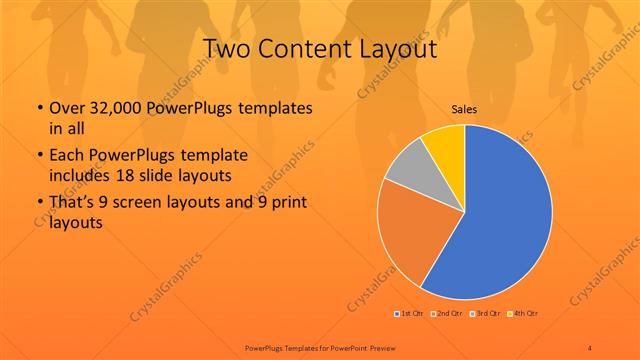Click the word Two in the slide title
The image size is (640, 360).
[x=225, y=49]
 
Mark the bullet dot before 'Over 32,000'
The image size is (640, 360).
[x=38, y=109]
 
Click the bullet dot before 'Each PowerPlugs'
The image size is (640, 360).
[x=38, y=157]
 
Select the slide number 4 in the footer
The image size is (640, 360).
[x=590, y=347]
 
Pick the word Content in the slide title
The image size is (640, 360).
[x=301, y=49]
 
